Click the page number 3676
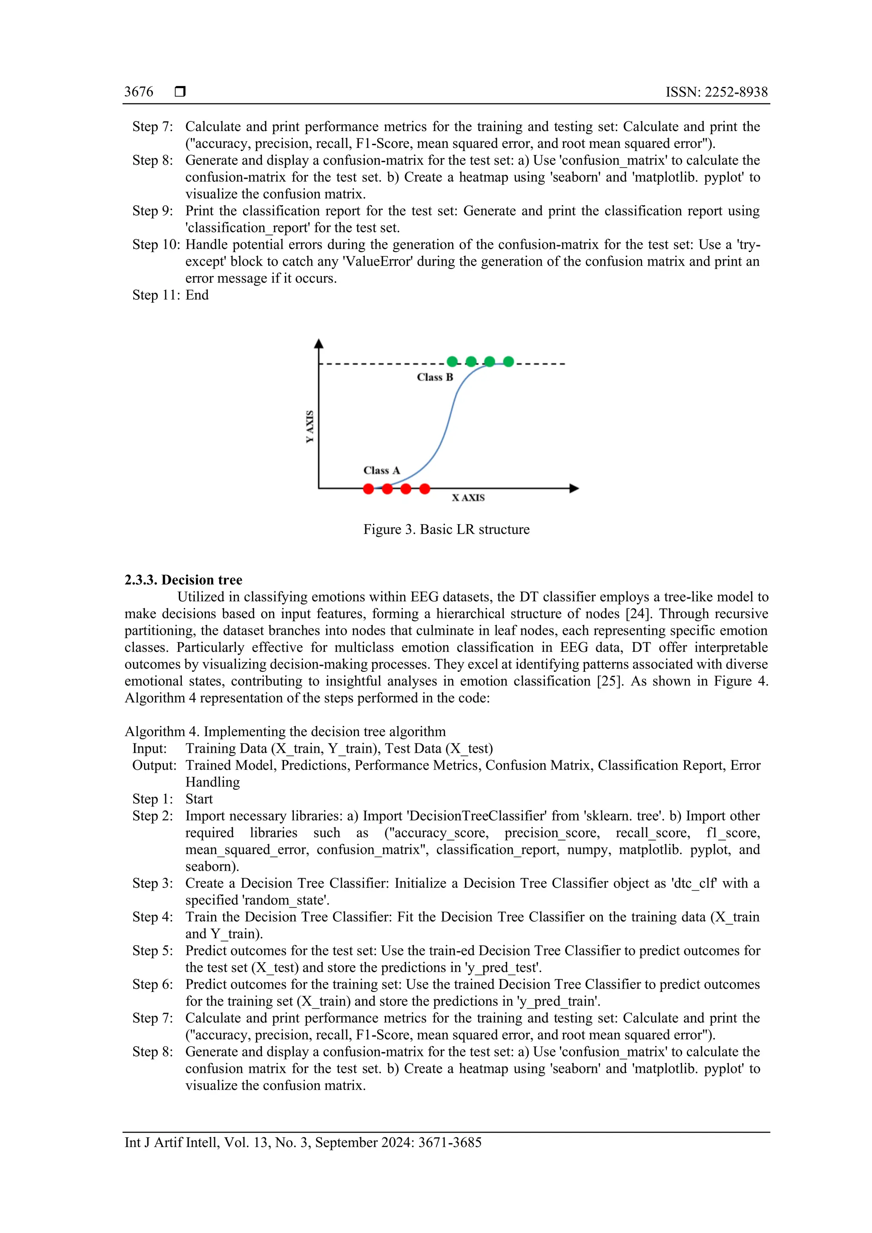[138, 92]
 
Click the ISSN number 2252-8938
[736, 92]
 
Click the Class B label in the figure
[435, 377]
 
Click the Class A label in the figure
[382, 470]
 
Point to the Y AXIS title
[310, 427]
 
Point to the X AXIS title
[468, 498]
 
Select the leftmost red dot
[368, 489]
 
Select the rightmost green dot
[508, 361]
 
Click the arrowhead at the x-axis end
[574, 488]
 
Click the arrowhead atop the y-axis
[319, 344]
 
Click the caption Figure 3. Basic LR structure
[446, 530]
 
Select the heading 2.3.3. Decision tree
[184, 580]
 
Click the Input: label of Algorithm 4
[150, 748]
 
